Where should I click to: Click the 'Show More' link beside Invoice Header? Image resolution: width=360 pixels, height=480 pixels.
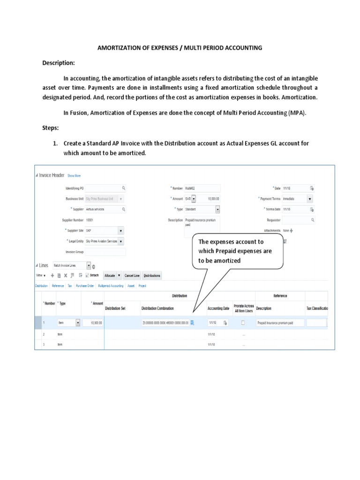pyautogui.click(x=74, y=176)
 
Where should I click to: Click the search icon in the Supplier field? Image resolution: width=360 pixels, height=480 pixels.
pyautogui.click(x=123, y=210)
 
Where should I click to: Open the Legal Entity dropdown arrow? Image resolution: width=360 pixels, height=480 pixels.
pyautogui.click(x=121, y=241)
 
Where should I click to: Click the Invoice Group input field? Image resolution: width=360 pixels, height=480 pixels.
pyautogui.click(x=105, y=252)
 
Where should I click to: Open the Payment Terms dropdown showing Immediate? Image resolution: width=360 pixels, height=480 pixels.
pyautogui.click(x=310, y=199)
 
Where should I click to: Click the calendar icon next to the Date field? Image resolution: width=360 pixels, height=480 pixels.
pyautogui.click(x=311, y=188)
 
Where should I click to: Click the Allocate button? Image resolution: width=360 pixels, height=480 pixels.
pyautogui.click(x=112, y=276)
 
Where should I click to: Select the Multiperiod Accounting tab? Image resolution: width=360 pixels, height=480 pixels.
pyautogui.click(x=111, y=285)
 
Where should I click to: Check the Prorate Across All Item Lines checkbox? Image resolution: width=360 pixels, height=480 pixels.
pyautogui.click(x=242, y=322)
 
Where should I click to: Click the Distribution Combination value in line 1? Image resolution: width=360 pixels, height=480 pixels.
pyautogui.click(x=165, y=323)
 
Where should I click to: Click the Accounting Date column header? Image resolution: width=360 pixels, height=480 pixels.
pyautogui.click(x=215, y=308)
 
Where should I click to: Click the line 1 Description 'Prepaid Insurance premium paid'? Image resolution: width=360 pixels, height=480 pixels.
pyautogui.click(x=280, y=323)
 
